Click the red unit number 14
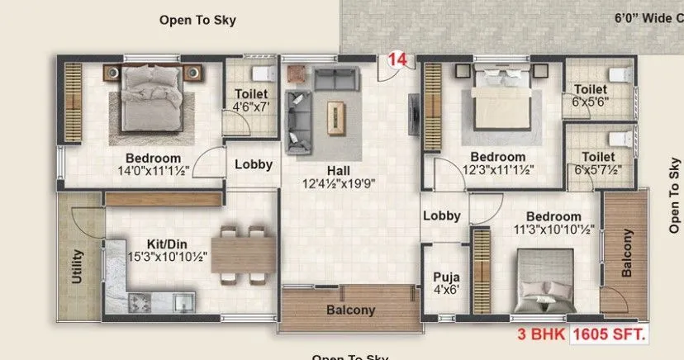(396, 60)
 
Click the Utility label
(78, 266)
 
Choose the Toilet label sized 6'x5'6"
(591, 89)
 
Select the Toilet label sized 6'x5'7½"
(597, 156)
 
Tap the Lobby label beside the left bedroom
(253, 164)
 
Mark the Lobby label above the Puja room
(441, 216)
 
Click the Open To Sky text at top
(197, 20)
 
